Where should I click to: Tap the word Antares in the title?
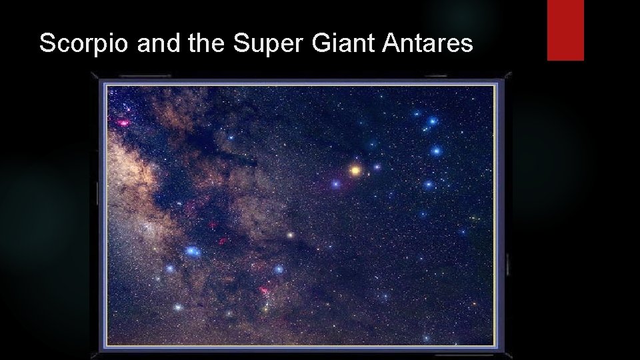[x=428, y=44]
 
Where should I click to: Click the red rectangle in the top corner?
[x=565, y=30]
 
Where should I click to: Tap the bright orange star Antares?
[x=355, y=171]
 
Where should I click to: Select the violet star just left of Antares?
[x=336, y=184]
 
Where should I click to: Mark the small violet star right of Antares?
[x=377, y=167]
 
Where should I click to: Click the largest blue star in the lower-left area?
[x=193, y=251]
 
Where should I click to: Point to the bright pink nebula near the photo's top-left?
[x=123, y=123]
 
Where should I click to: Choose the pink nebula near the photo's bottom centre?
[x=265, y=291]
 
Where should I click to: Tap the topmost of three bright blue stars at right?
[x=433, y=121]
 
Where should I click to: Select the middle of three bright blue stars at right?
[x=437, y=151]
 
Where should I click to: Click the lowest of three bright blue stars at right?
[x=429, y=184]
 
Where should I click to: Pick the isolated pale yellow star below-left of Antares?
[x=290, y=235]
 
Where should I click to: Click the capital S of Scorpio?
[x=47, y=44]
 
